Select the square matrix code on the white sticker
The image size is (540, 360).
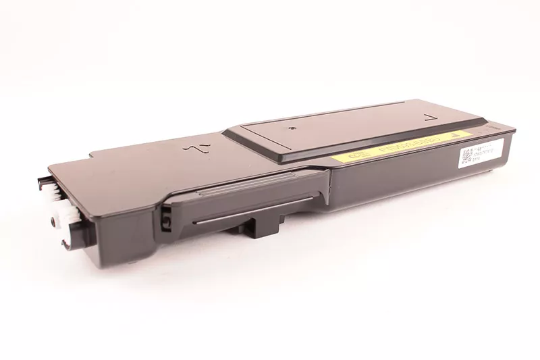[466, 157]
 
